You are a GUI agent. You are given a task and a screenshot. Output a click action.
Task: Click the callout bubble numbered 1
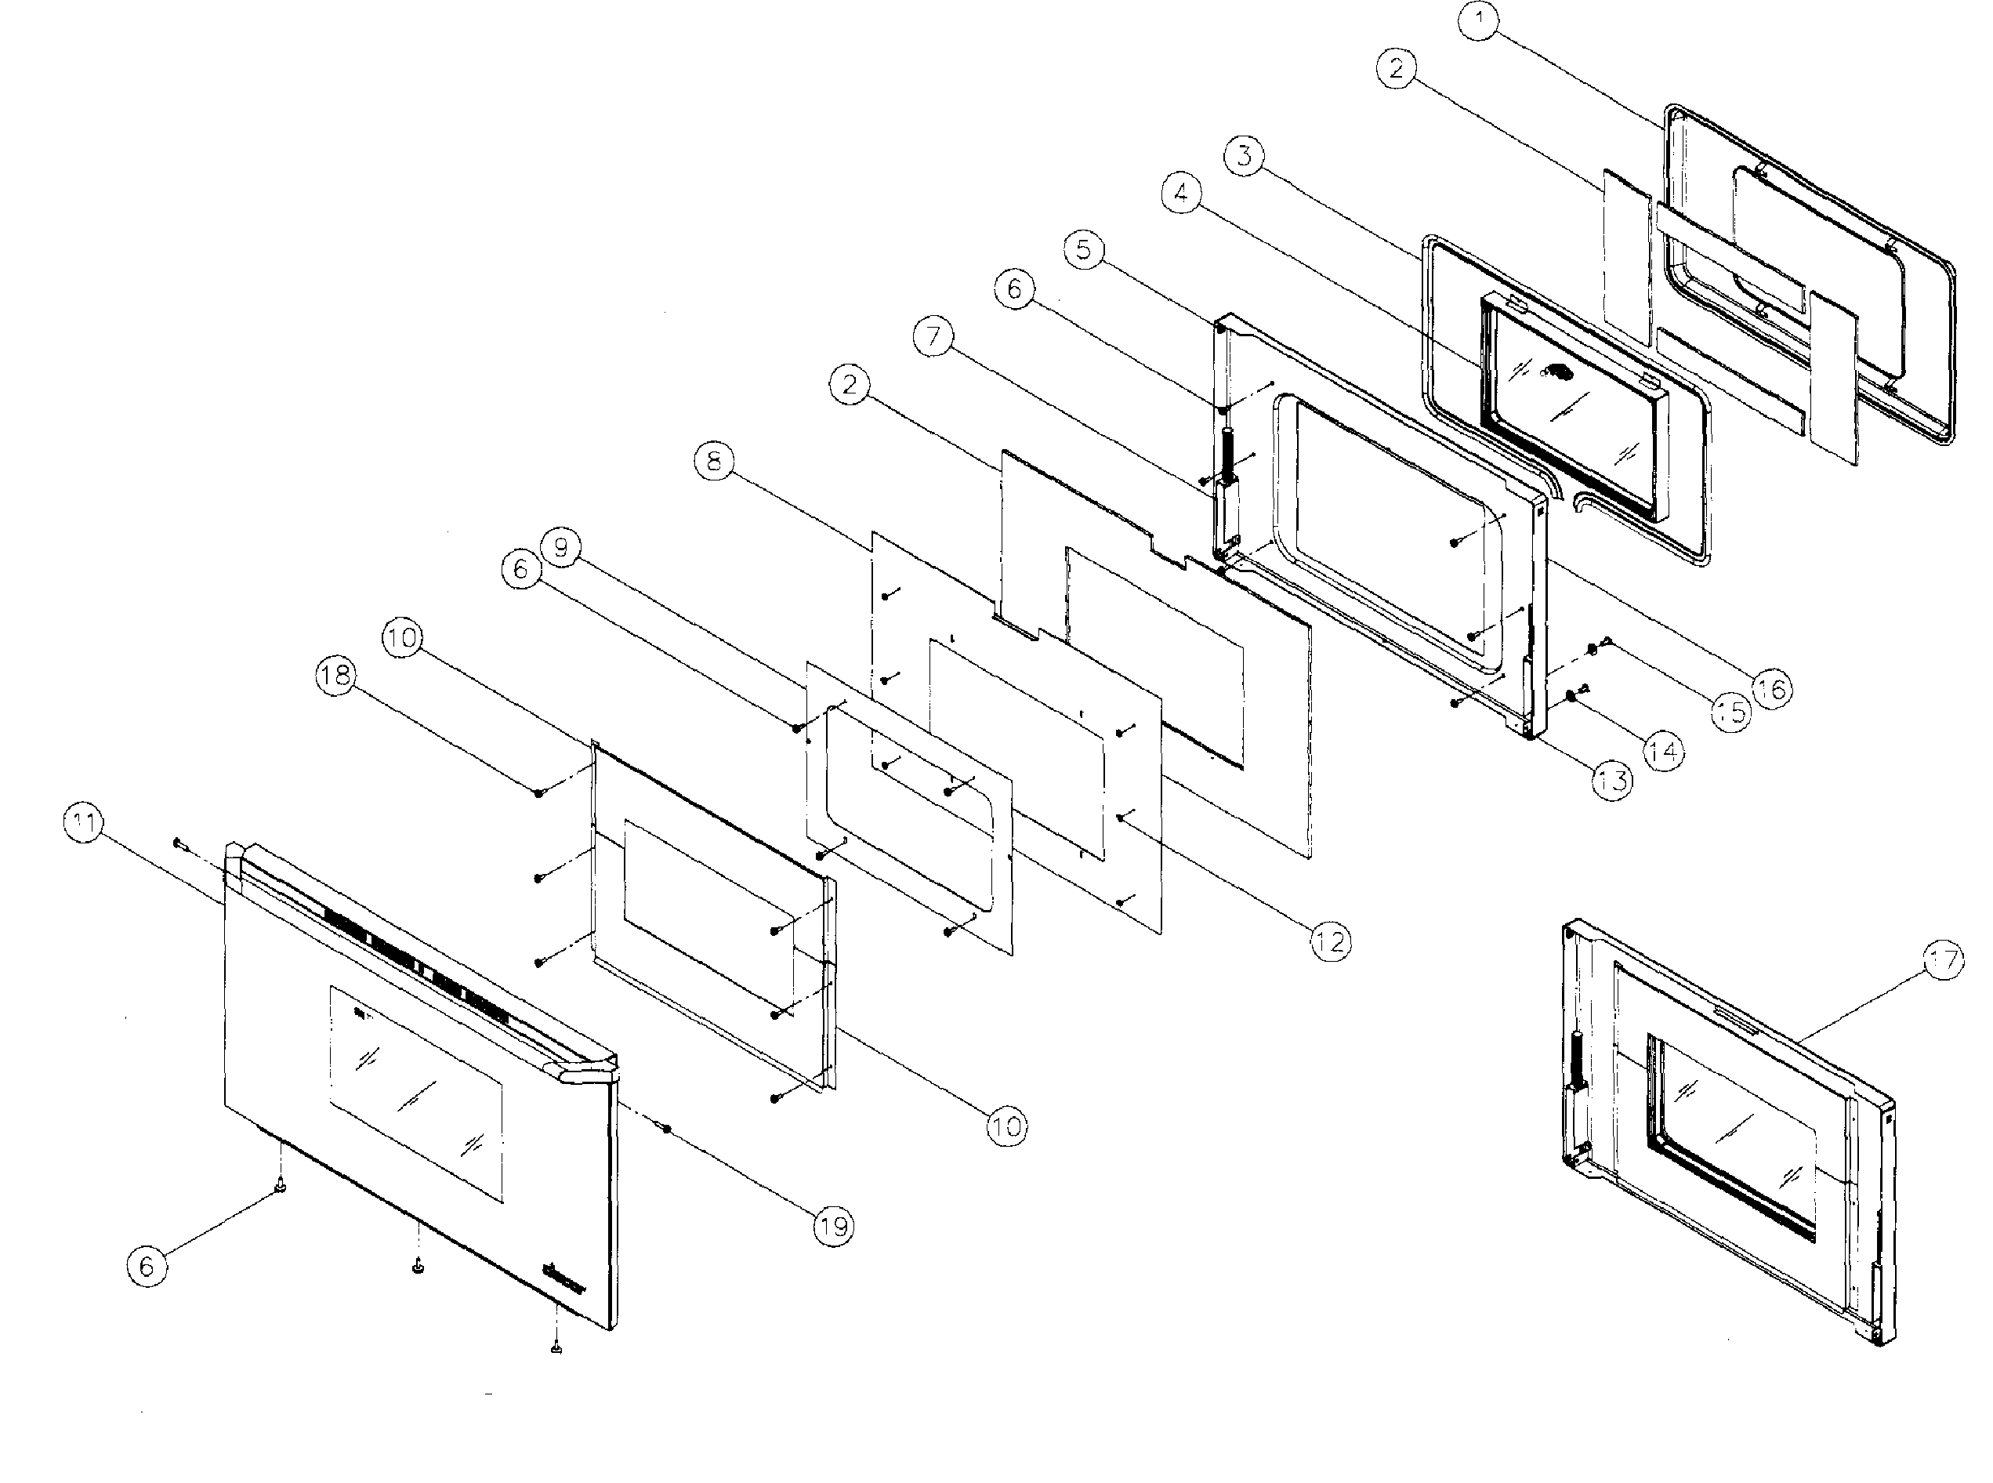tap(1478, 20)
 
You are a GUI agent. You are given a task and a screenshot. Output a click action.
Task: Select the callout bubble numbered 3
tap(1244, 155)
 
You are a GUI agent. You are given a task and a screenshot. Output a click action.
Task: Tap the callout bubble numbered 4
tap(1182, 192)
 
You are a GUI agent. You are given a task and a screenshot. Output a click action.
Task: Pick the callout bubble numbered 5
tap(1085, 248)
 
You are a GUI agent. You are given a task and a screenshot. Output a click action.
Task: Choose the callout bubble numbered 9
tap(561, 546)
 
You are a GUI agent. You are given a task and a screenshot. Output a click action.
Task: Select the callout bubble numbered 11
tap(83, 823)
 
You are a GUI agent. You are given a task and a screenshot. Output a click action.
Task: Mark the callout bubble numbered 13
tap(1613, 780)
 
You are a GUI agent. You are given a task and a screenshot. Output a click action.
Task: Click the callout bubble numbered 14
tap(1663, 750)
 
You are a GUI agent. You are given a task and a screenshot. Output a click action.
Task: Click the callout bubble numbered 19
tap(834, 1225)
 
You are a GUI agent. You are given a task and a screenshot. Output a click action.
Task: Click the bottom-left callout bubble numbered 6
tap(147, 1266)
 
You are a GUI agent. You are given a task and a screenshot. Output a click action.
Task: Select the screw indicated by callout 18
tap(538, 792)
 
